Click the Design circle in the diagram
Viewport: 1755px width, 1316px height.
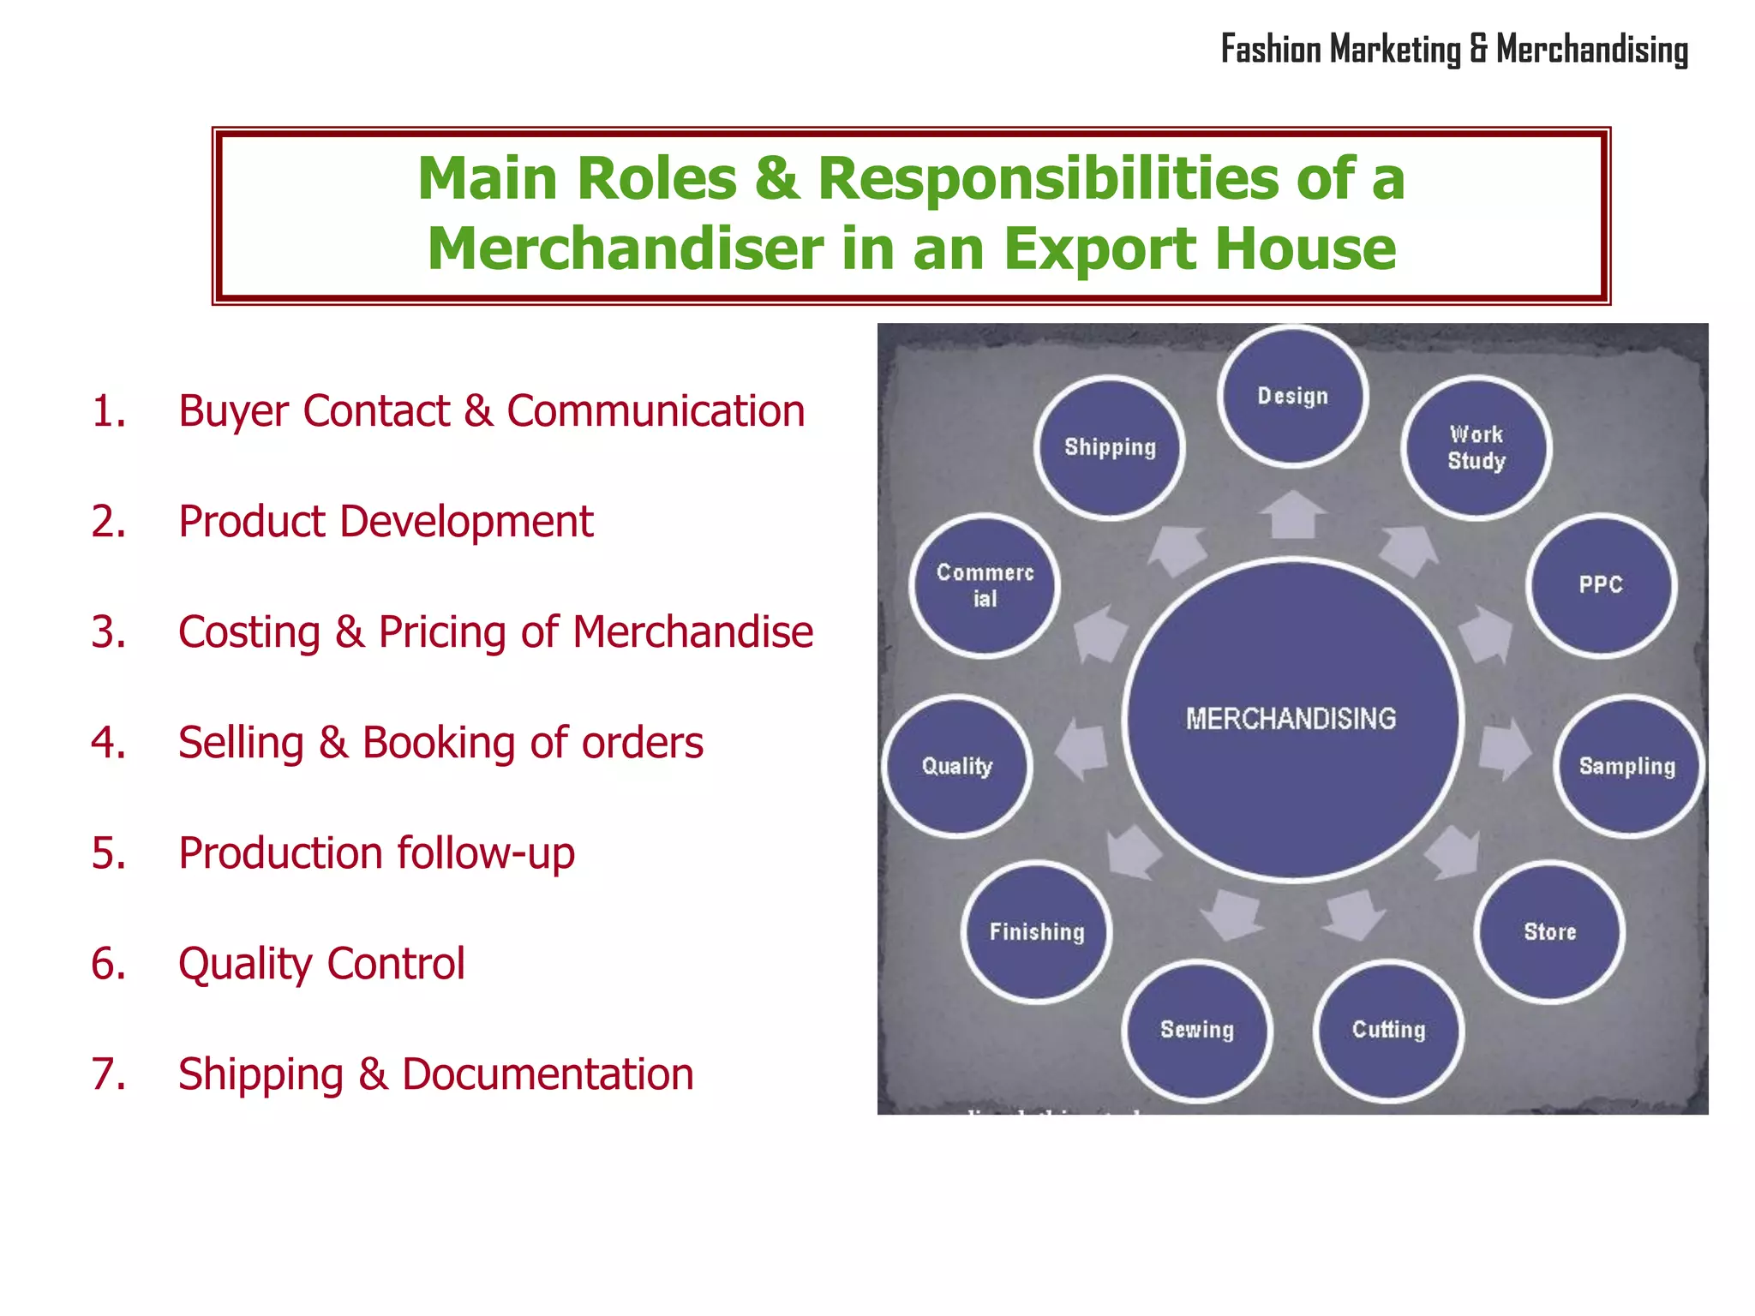1292,397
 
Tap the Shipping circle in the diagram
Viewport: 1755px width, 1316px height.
1110,447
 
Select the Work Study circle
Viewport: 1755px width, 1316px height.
1476,447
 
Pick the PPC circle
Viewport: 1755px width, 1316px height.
1601,585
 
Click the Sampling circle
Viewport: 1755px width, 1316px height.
1626,766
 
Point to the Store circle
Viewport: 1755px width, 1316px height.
1549,931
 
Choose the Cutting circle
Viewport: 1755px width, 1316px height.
1388,1030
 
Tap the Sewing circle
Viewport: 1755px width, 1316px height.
1196,1030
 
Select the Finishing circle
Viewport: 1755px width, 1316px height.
1037,931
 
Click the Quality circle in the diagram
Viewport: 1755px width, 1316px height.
956,766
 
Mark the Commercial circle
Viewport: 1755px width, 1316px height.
985,585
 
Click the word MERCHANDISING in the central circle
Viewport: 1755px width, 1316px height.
1291,719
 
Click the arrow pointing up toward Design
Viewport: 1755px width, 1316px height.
1292,514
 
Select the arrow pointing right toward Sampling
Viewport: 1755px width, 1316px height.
1505,748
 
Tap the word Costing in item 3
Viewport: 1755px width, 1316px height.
249,633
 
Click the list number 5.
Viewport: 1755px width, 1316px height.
108,853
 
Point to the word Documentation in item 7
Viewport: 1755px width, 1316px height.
548,1074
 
